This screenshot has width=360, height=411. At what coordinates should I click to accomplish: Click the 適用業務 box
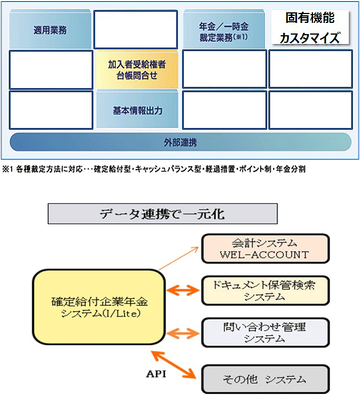(x=51, y=29)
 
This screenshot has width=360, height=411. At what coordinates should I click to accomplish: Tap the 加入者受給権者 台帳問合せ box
(x=137, y=69)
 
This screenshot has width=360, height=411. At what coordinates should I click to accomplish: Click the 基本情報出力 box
(x=137, y=110)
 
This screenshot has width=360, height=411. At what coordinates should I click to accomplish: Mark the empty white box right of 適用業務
(x=136, y=29)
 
